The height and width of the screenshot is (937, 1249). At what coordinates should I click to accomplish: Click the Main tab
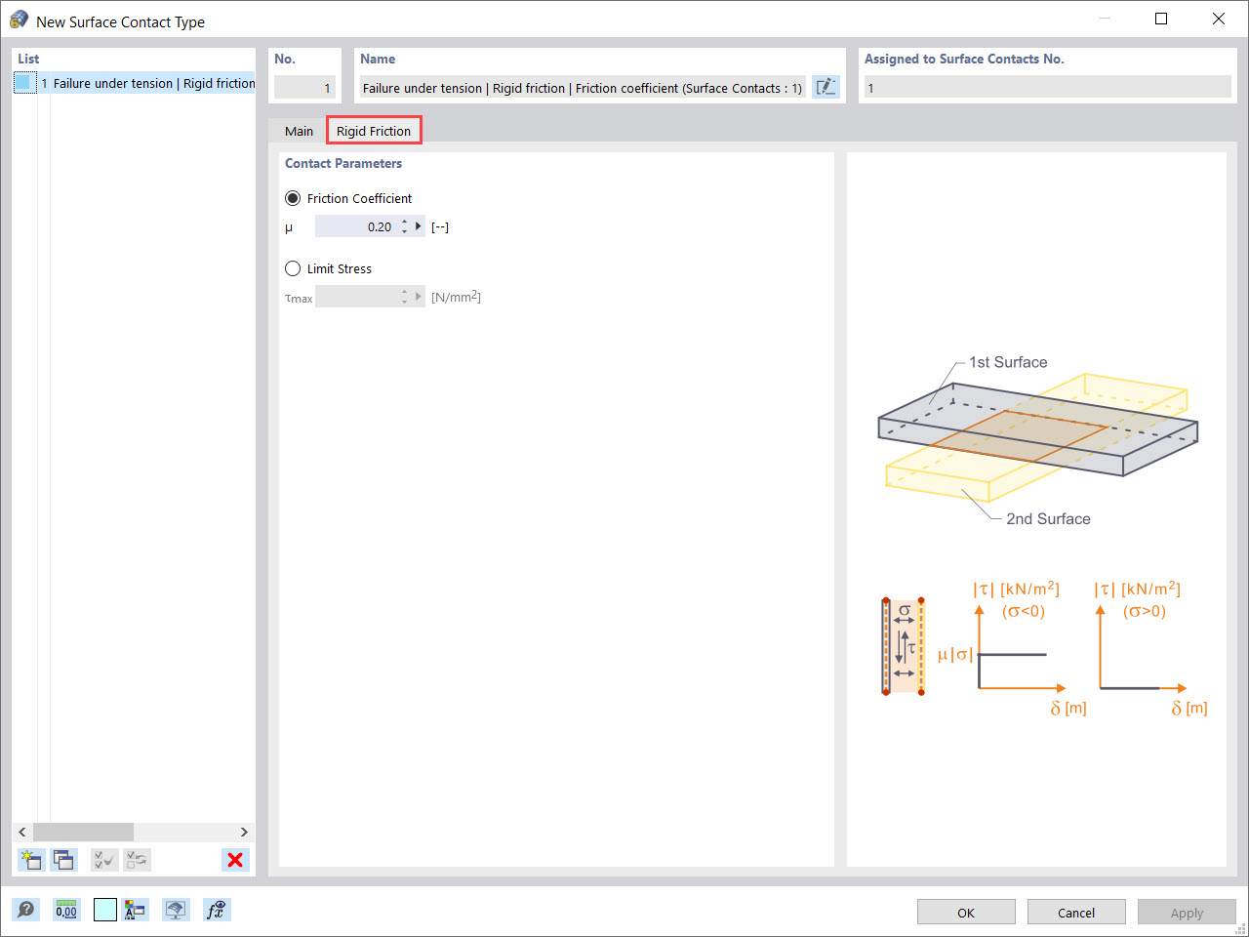[299, 131]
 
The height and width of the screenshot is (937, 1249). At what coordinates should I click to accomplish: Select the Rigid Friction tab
[374, 131]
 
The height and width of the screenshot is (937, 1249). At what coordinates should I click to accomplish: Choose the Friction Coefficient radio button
[293, 198]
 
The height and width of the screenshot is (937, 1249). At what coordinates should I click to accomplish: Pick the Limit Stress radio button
[293, 268]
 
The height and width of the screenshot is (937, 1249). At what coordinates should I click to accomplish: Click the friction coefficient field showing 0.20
[355, 226]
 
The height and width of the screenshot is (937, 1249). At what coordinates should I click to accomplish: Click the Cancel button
[1075, 913]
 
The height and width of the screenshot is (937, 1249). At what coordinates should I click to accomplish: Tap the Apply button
[1186, 913]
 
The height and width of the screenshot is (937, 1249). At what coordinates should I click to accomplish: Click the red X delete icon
[235, 860]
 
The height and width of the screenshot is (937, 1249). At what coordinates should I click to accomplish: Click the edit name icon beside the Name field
[826, 87]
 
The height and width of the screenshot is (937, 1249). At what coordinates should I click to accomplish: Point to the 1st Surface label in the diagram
[1007, 362]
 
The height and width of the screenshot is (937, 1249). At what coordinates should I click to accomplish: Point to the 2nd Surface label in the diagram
[1048, 519]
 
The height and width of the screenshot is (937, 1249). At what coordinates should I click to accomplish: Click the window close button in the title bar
[1219, 19]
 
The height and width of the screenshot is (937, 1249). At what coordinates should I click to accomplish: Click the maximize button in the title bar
[1161, 19]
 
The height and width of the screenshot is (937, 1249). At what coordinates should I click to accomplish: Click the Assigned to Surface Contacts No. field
[1046, 88]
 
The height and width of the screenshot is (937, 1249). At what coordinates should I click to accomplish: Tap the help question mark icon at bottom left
[26, 910]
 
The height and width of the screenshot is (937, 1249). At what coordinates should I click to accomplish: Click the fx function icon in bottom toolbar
[216, 910]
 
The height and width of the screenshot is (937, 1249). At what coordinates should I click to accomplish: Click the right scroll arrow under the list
[244, 832]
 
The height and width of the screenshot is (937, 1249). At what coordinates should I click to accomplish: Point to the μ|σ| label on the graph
[954, 654]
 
